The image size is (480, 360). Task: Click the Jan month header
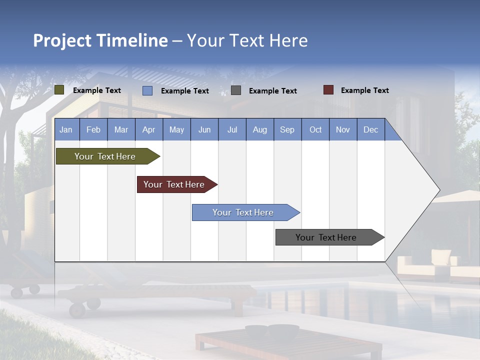[66, 129]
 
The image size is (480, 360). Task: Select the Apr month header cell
[149, 129]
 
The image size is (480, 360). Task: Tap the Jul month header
[232, 129]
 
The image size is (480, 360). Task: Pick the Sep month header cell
[287, 129]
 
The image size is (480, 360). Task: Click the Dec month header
[370, 129]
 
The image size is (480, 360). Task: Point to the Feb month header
[93, 129]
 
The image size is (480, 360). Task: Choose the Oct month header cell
[315, 129]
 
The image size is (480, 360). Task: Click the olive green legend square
[59, 90]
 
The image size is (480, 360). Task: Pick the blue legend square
[147, 90]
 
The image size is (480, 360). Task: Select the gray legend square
[236, 90]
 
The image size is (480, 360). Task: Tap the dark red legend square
[328, 90]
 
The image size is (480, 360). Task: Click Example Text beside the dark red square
[364, 90]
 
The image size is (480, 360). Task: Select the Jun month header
[204, 129]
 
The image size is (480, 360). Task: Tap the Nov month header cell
[343, 129]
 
